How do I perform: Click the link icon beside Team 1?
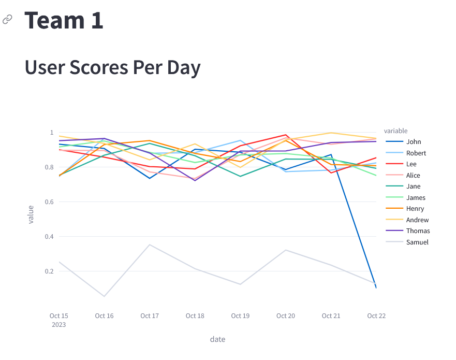[7, 20]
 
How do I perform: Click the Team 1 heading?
[64, 20]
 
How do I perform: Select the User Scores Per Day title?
[112, 67]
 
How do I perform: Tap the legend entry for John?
[413, 142]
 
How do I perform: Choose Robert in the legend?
[416, 153]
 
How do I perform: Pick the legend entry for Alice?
[413, 176]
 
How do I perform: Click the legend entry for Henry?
[415, 209]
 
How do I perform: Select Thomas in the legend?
[418, 231]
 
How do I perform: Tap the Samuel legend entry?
[417, 242]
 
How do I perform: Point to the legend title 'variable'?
[395, 131]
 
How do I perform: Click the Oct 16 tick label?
[104, 316]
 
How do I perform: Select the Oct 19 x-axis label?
[240, 316]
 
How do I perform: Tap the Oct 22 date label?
[376, 316]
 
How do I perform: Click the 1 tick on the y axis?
[52, 133]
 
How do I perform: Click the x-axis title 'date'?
[217, 340]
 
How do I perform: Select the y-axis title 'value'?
[31, 214]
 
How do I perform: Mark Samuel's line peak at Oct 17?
[150, 244]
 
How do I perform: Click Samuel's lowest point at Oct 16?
[104, 296]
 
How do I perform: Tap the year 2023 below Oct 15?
[58, 325]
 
